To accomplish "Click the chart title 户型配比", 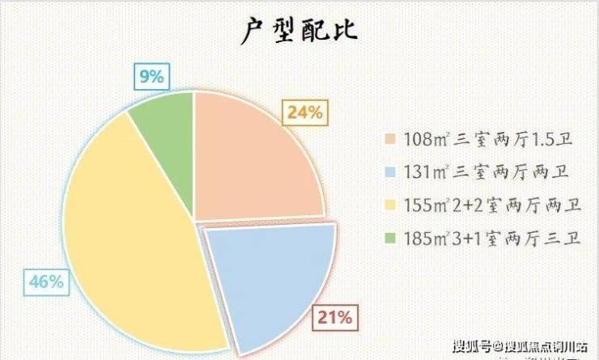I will point(300,32).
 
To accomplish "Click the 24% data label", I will point(305,113).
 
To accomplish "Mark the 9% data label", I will point(151,78).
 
